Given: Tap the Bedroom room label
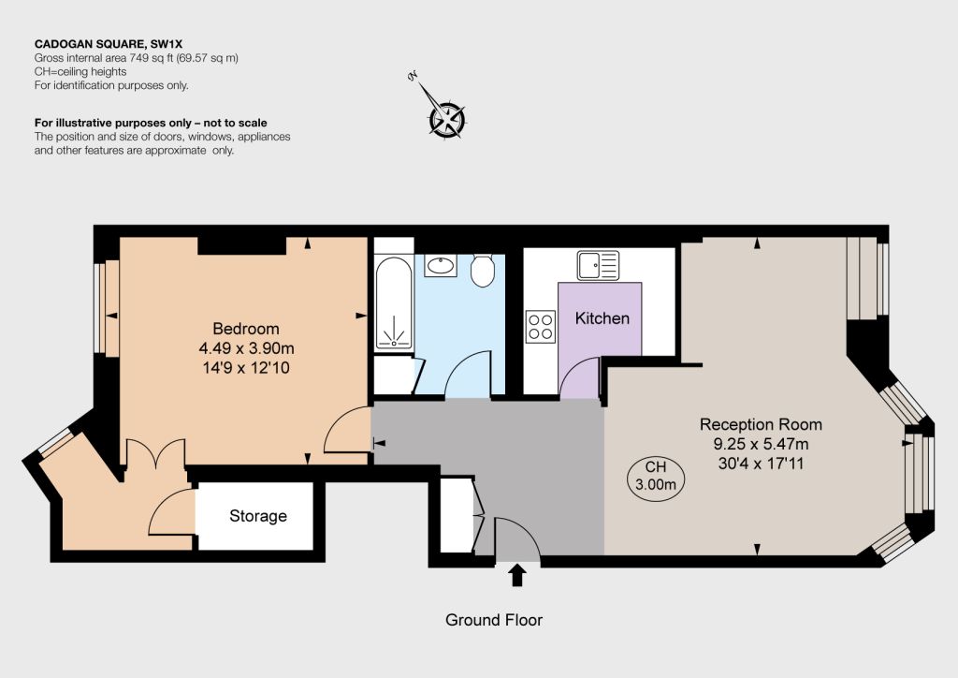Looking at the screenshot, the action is click(246, 329).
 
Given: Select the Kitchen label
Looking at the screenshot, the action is click(602, 317).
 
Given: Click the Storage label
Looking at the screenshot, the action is click(258, 516).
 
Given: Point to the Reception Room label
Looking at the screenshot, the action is click(761, 424).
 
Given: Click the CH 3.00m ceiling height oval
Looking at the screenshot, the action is click(656, 477).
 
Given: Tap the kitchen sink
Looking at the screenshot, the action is click(598, 265).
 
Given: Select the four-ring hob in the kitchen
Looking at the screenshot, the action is click(541, 327).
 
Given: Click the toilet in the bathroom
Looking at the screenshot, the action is click(483, 271).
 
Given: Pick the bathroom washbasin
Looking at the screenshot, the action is click(441, 265).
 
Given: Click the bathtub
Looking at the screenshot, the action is click(394, 303).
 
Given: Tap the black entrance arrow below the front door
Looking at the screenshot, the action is click(517, 575).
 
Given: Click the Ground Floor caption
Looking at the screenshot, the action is click(494, 620).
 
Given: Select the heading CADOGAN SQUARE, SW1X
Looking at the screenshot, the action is click(109, 44).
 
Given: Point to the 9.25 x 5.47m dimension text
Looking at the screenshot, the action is click(761, 444).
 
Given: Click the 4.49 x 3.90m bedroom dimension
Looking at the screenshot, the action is click(246, 348).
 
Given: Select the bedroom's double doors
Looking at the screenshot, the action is click(156, 453).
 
